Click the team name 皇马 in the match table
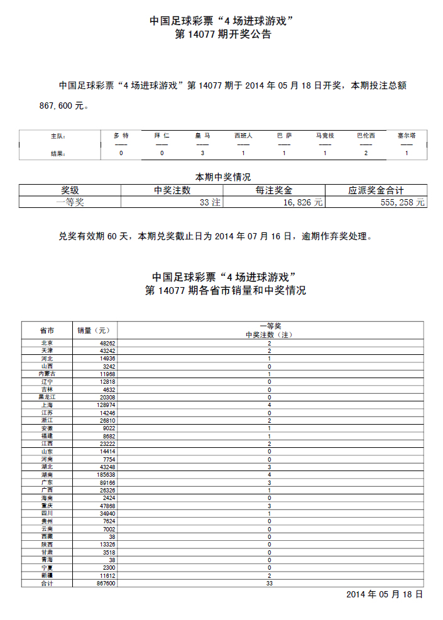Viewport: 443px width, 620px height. [x=202, y=136]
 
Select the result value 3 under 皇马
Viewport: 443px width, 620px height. [x=202, y=153]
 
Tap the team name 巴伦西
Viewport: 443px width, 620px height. [x=366, y=136]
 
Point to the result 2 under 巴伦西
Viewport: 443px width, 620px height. [x=366, y=153]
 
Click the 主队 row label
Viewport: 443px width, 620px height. [x=58, y=136]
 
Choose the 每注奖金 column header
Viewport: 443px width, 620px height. [x=274, y=190]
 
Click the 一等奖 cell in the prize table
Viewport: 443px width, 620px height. [x=70, y=202]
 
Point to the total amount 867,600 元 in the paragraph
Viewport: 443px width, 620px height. [x=61, y=106]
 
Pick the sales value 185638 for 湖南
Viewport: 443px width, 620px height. [x=102, y=474]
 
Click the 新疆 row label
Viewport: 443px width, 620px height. [x=46, y=575]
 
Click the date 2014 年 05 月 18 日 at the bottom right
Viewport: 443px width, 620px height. [x=385, y=594]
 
